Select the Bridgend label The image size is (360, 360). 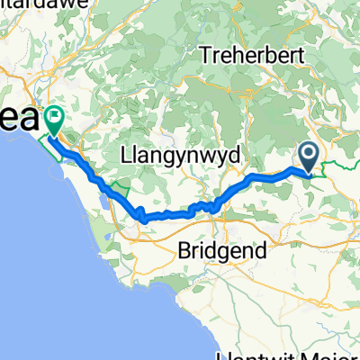pos(221,251)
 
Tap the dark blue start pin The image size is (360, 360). pos(308,158)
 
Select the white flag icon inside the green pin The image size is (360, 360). pos(55,115)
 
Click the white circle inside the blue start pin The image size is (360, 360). pos(308,155)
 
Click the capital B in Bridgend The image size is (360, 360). pos(184,251)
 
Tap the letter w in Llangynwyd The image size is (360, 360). pos(198,156)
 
